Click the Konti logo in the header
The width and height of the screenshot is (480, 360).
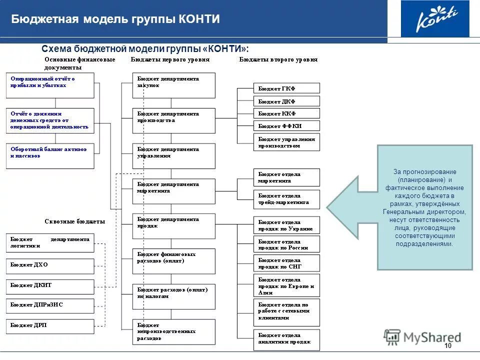tap(435, 19)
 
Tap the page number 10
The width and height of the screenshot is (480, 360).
tap(447, 346)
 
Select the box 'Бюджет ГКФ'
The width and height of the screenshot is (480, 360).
tap(286, 88)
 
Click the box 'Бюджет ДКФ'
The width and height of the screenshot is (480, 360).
tap(286, 101)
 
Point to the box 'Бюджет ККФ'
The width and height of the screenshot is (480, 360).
tap(286, 113)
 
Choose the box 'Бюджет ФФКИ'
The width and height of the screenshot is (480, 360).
tap(286, 126)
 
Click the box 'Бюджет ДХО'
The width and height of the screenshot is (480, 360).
tap(50, 265)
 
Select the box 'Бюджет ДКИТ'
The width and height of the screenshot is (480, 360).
tap(50, 286)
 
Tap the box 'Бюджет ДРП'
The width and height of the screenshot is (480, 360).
tap(50, 326)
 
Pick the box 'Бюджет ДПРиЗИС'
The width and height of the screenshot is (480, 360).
tap(50, 305)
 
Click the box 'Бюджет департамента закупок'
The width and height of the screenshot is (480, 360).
tap(173, 85)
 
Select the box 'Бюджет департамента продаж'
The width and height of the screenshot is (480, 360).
tap(173, 226)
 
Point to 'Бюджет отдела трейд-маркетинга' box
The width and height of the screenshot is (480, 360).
tap(286, 198)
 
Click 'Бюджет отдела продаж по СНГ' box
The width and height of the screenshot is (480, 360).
tap(286, 263)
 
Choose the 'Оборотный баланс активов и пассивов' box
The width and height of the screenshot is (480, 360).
tap(50, 155)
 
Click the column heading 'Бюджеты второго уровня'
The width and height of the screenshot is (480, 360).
tap(278, 59)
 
